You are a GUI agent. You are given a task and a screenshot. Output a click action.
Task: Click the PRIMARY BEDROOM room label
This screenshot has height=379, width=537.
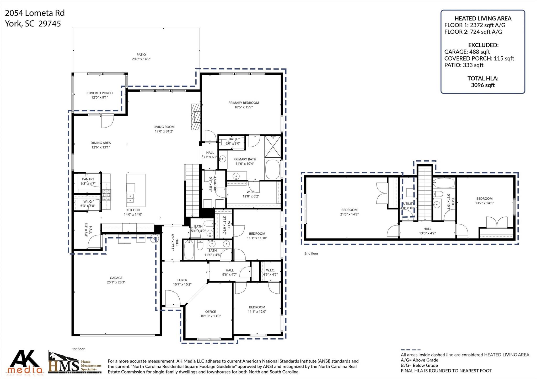coord(243,103)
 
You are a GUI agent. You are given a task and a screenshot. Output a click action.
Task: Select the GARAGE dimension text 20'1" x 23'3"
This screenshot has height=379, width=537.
coord(116,282)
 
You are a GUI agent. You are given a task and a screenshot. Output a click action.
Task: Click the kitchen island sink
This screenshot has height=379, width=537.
coord(130,199)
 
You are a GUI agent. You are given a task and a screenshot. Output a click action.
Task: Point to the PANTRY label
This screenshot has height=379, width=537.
coord(88,179)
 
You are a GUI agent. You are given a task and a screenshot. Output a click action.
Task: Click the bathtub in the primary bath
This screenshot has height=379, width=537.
coord(272,169)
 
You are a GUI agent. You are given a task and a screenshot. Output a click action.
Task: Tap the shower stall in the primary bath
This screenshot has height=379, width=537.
coord(272,147)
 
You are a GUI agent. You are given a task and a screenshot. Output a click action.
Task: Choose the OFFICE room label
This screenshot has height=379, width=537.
coord(210,312)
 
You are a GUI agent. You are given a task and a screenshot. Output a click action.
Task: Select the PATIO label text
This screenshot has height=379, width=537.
coord(141,55)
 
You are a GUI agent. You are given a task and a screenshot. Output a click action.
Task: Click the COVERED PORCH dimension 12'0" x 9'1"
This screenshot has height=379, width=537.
coord(99,97)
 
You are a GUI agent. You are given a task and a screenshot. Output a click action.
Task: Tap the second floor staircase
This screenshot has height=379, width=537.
coord(425,194)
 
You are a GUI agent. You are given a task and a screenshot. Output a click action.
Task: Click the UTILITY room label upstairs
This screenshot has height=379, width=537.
coord(408,204)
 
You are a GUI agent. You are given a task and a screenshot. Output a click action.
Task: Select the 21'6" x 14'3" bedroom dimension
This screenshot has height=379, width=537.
coord(349,214)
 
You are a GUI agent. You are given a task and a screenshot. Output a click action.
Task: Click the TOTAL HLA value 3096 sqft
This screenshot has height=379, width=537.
coord(482,85)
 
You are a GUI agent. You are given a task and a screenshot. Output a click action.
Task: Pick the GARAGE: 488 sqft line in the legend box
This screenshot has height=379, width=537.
coord(467,52)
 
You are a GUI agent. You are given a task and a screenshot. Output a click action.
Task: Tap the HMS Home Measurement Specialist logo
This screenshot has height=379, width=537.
coord(75,363)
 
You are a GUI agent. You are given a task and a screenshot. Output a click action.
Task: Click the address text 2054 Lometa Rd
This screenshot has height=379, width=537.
coord(35,13)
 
